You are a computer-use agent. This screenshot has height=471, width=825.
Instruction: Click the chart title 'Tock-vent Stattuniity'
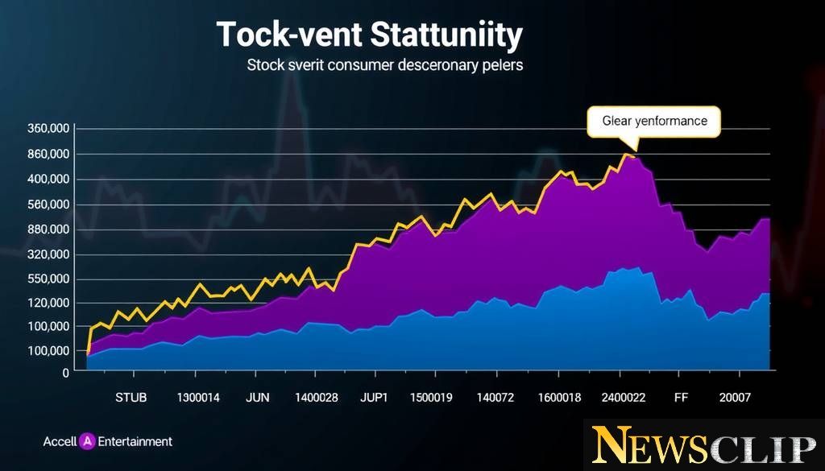tap(370, 36)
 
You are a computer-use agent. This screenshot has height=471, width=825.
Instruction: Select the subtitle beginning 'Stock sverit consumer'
tap(384, 65)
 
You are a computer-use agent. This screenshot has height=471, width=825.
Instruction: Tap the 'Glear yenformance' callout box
tap(654, 121)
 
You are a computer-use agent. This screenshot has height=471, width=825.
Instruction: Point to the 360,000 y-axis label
tap(48, 129)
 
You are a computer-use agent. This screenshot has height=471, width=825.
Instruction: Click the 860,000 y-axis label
tap(48, 154)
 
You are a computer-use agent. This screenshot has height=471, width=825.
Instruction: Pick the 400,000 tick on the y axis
tap(48, 179)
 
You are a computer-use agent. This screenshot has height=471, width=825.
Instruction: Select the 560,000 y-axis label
tap(48, 205)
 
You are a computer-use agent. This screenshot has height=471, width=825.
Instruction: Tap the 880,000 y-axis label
tap(48, 229)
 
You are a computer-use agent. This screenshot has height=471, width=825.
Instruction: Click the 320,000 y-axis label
tap(48, 254)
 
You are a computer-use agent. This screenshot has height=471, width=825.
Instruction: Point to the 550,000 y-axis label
tap(48, 279)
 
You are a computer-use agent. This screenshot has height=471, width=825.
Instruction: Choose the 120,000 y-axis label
tap(48, 303)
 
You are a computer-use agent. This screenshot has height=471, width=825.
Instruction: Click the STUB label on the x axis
tap(131, 397)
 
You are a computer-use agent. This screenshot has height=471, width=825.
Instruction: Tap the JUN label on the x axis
tap(258, 397)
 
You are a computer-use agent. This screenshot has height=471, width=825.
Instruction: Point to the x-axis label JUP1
tap(374, 397)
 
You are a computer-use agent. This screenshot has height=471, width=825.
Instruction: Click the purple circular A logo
tap(89, 441)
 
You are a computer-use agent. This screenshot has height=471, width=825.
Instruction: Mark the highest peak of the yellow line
tap(625, 154)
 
